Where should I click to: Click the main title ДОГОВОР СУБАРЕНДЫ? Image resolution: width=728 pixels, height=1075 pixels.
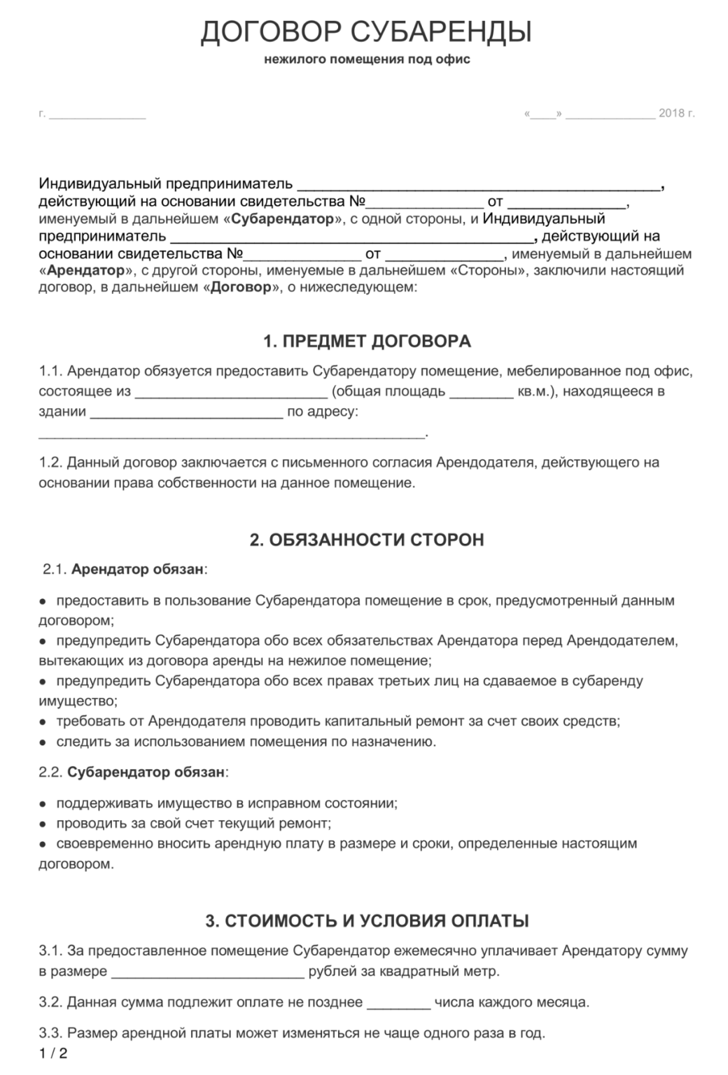click(366, 32)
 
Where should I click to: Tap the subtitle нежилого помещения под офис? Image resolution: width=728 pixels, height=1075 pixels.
click(367, 59)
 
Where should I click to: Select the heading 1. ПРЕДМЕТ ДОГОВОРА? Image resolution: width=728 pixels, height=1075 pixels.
click(366, 342)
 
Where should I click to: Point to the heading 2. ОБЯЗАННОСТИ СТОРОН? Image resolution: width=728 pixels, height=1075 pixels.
click(366, 540)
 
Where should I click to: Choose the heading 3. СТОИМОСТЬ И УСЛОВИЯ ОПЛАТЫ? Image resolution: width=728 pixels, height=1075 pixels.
click(367, 921)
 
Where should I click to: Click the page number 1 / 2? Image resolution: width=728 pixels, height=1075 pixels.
click(53, 1053)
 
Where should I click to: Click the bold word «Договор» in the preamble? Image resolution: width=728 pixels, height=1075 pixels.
click(240, 288)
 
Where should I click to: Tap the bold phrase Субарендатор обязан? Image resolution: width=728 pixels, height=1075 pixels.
click(146, 773)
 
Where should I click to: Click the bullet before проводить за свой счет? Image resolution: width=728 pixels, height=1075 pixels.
click(43, 824)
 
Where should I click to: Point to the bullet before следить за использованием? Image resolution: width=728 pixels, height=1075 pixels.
click(43, 741)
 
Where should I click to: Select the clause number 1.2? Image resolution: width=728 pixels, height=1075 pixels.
click(50, 463)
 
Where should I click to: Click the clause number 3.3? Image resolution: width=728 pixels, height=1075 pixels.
click(50, 1032)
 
